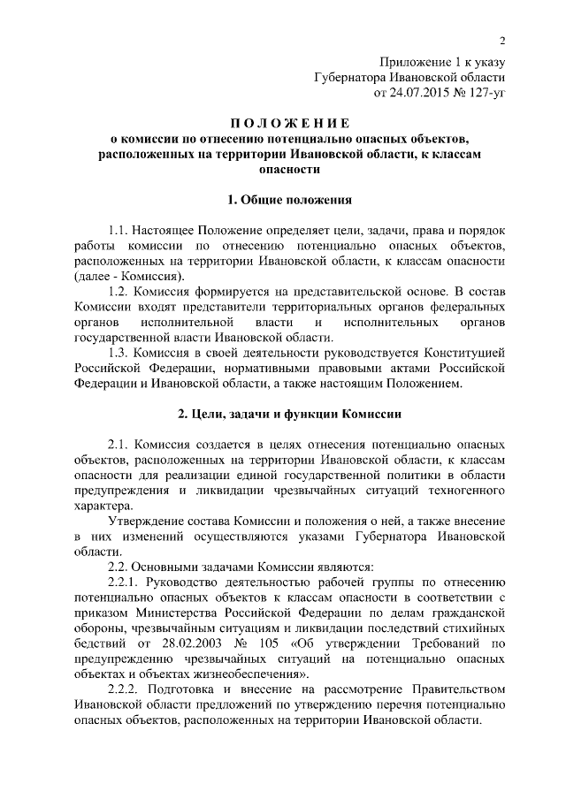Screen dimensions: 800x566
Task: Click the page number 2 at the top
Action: [x=501, y=40]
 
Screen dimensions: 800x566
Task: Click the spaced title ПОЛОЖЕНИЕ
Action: [x=282, y=122]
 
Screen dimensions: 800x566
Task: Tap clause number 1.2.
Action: [x=119, y=291]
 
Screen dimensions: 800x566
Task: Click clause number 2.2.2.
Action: [x=126, y=690]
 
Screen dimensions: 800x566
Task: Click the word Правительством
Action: [x=457, y=690]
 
